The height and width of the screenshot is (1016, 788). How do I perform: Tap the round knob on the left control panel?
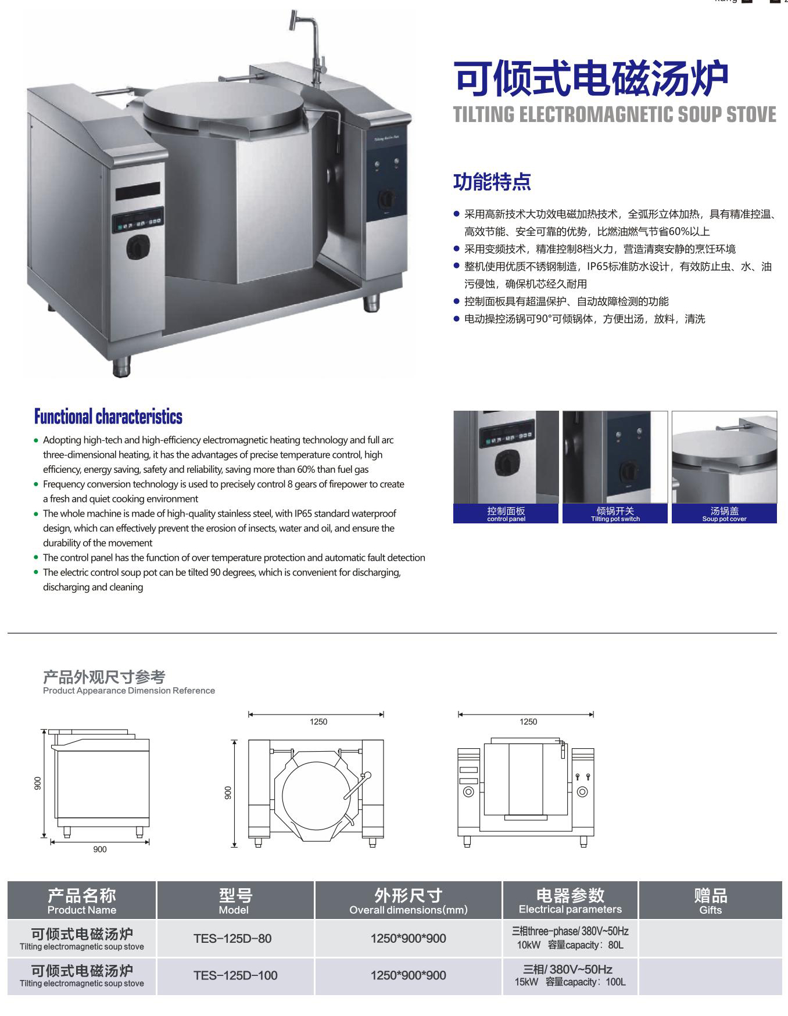(x=138, y=247)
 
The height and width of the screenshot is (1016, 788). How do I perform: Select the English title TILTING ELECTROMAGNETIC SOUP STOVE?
(x=614, y=114)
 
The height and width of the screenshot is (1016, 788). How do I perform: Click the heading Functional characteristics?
(x=108, y=417)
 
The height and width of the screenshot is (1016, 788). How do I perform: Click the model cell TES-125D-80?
(x=232, y=938)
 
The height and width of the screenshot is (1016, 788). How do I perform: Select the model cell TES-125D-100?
(x=235, y=975)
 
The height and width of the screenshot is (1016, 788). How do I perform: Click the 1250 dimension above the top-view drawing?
(x=318, y=721)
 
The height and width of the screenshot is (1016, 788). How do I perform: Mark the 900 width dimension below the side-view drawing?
(x=100, y=849)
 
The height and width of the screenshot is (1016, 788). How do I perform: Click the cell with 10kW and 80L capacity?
(x=570, y=938)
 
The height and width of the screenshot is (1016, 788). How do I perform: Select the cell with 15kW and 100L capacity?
(x=570, y=975)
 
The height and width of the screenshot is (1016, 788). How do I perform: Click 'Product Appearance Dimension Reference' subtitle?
(x=129, y=691)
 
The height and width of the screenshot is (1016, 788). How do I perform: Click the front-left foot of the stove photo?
(x=121, y=367)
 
